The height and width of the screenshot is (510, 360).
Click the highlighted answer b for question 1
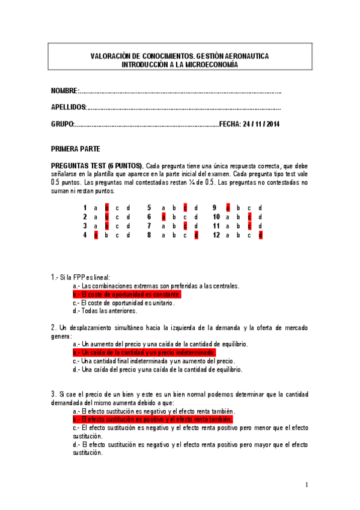[x=106, y=207]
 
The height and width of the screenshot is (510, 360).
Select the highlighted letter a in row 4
[x=96, y=235]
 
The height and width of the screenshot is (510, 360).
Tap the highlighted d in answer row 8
[x=196, y=235]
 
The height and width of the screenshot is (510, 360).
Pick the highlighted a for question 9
[x=228, y=207]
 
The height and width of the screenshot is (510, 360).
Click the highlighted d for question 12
[x=260, y=235]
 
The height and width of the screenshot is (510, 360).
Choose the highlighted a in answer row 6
[x=162, y=217]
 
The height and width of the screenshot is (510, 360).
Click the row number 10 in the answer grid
[x=216, y=217]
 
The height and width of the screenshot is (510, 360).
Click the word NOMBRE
[x=64, y=91]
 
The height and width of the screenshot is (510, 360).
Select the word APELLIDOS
[x=69, y=108]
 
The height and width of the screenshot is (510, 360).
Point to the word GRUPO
[x=63, y=124]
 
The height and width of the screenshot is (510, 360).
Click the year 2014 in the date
[x=272, y=124]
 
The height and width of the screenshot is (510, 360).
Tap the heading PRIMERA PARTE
[x=76, y=149]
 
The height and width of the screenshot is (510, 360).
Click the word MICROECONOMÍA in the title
[x=207, y=64]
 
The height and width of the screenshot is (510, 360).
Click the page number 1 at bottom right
[x=307, y=485]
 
